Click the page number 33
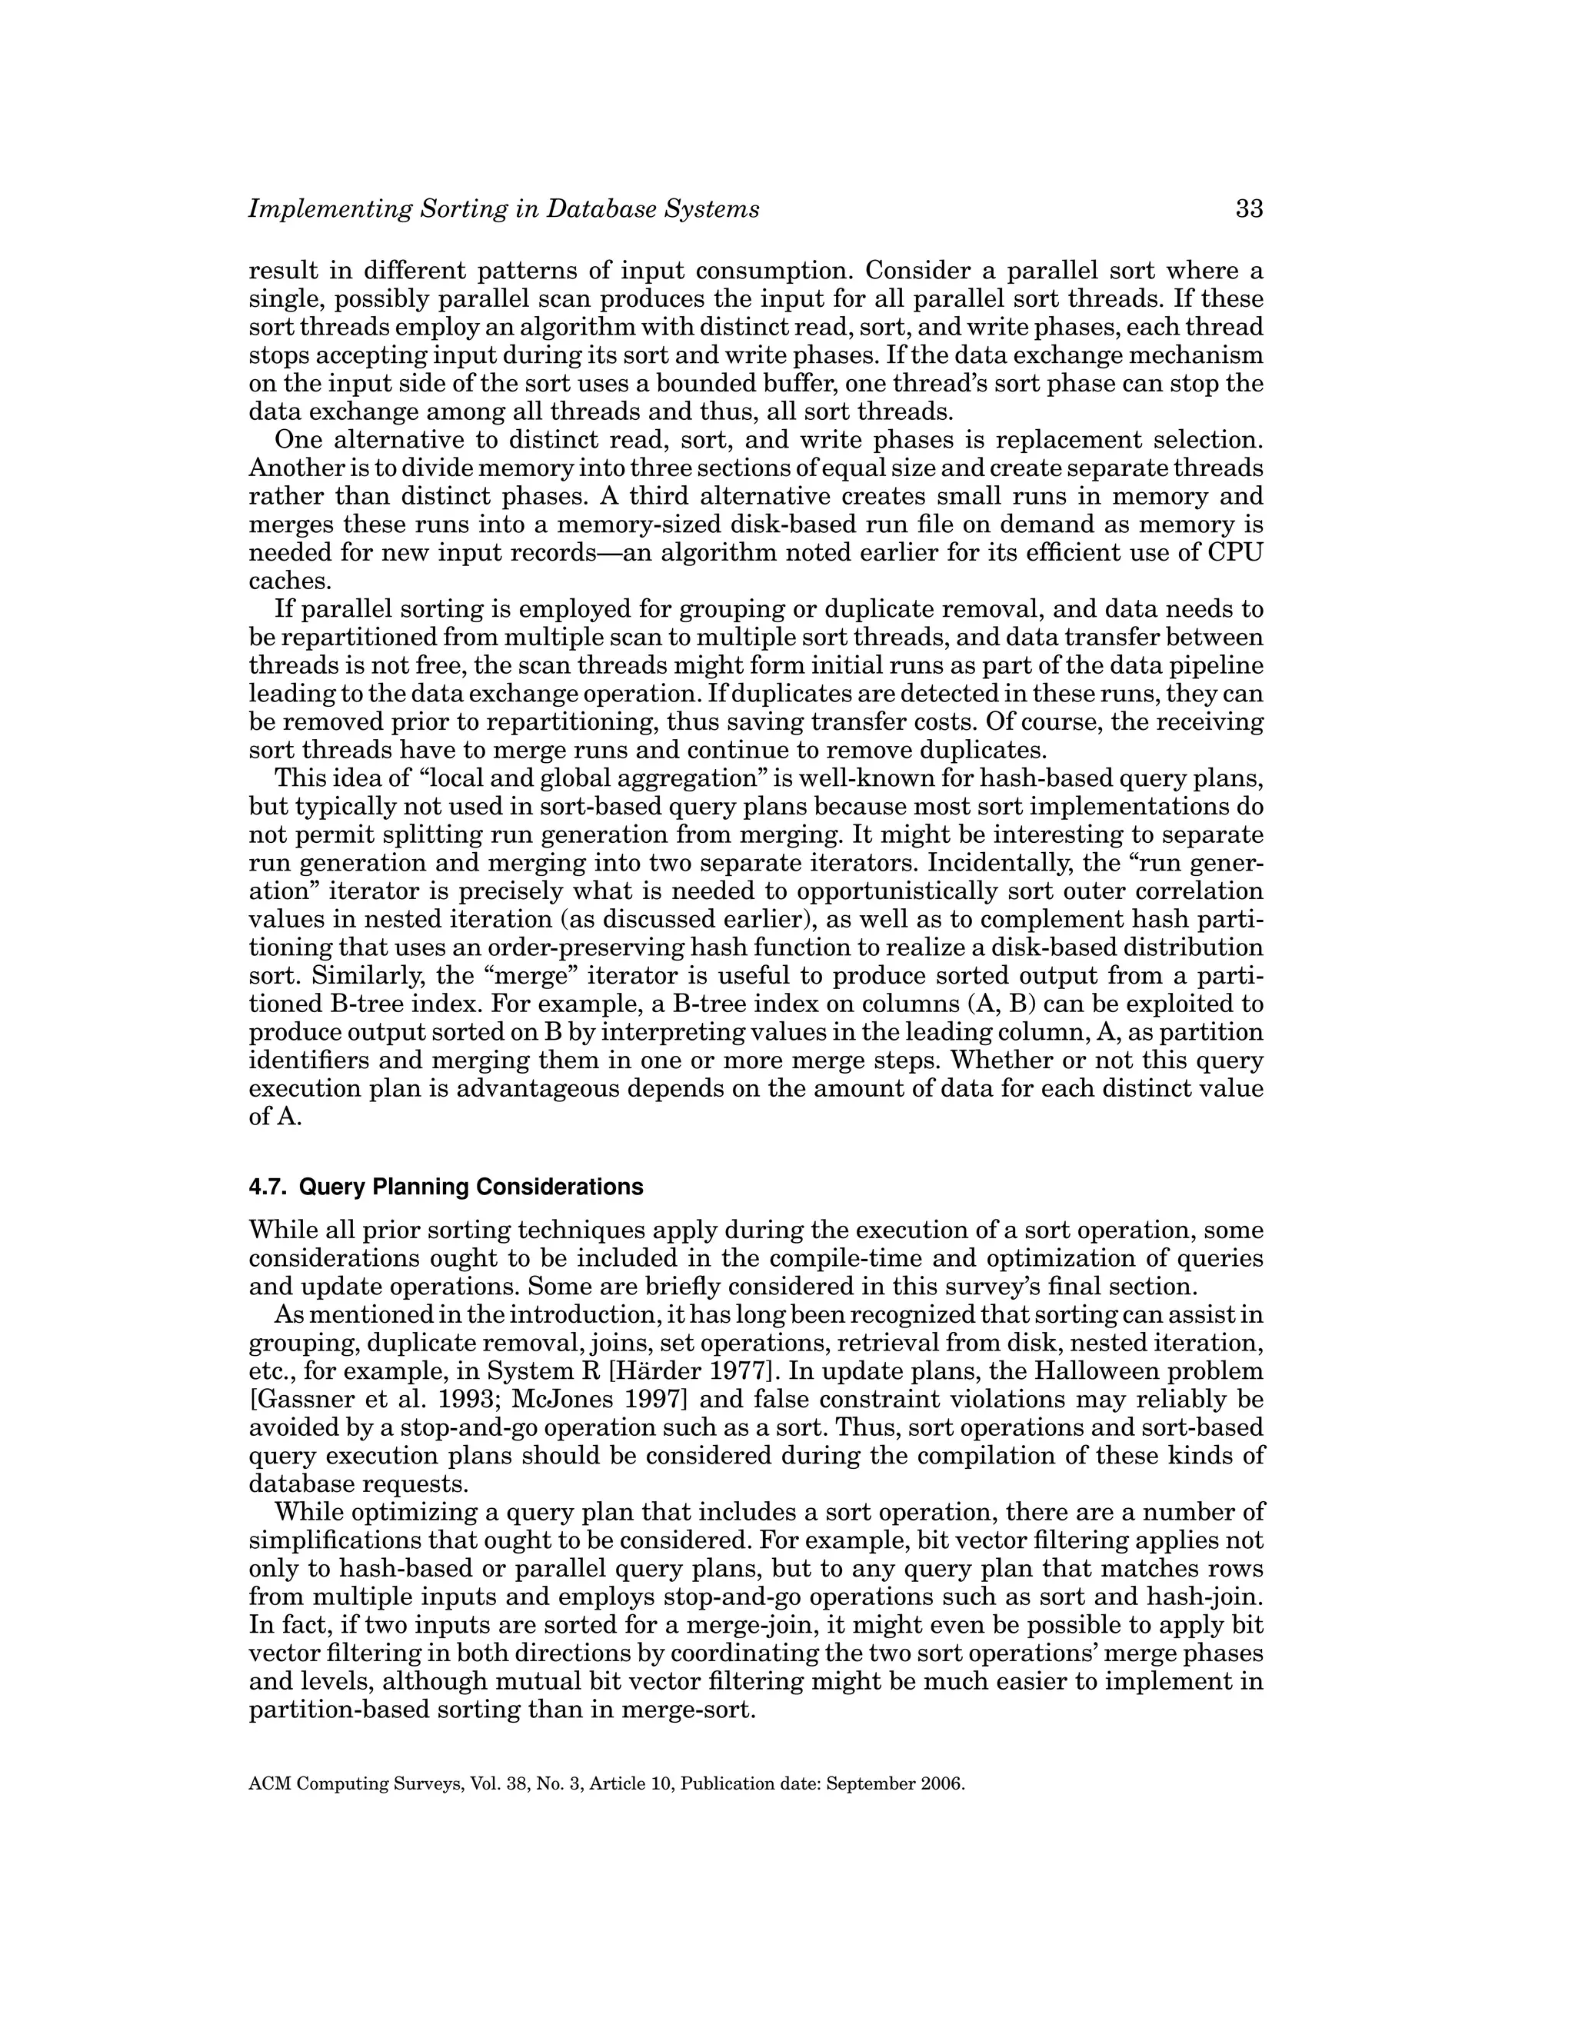[x=1248, y=209]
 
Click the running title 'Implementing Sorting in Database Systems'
[x=504, y=209]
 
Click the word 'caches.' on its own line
[x=290, y=581]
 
